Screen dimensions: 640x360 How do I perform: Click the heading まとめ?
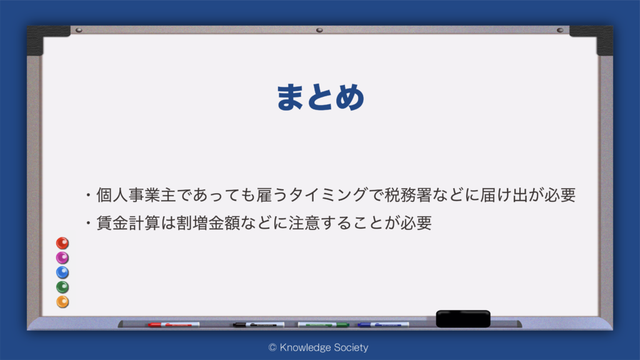321,97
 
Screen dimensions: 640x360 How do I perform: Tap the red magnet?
62,243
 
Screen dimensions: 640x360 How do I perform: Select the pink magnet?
62,258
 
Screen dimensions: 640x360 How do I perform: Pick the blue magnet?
62,272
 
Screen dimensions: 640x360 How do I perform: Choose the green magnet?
62,287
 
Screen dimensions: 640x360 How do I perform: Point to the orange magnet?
62,302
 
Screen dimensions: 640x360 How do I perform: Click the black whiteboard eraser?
463,319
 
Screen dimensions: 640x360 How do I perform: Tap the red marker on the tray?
174,325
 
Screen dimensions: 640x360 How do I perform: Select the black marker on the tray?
258,325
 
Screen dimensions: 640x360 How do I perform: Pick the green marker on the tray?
323,325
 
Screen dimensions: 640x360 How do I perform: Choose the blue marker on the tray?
383,325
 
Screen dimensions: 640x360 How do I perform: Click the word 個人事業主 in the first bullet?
136,195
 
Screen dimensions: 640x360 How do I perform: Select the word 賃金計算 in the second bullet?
128,223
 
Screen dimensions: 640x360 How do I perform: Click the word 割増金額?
208,223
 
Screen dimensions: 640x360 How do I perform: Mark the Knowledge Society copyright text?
318,347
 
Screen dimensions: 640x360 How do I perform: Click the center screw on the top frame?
319,30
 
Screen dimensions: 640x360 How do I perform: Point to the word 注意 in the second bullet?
304,223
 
